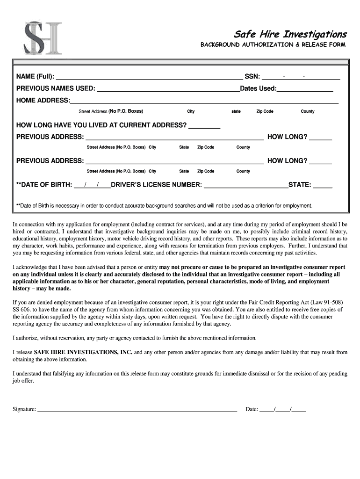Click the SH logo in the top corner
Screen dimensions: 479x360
coord(43,38)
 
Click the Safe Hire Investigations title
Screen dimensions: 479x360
coord(290,34)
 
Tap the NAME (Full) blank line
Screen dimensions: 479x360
coord(149,77)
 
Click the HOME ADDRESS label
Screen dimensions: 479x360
coord(43,101)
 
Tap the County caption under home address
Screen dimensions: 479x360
coord(308,111)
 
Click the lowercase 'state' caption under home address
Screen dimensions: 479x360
coord(236,111)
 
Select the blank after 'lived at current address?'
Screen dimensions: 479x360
coord(204,125)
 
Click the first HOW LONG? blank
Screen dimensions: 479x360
coord(321,137)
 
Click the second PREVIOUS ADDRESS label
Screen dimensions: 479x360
coord(50,161)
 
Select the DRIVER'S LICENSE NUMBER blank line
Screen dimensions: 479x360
coord(246,185)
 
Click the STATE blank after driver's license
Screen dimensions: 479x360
coord(323,185)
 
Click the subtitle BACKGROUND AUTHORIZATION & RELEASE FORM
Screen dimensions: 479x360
coord(273,45)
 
